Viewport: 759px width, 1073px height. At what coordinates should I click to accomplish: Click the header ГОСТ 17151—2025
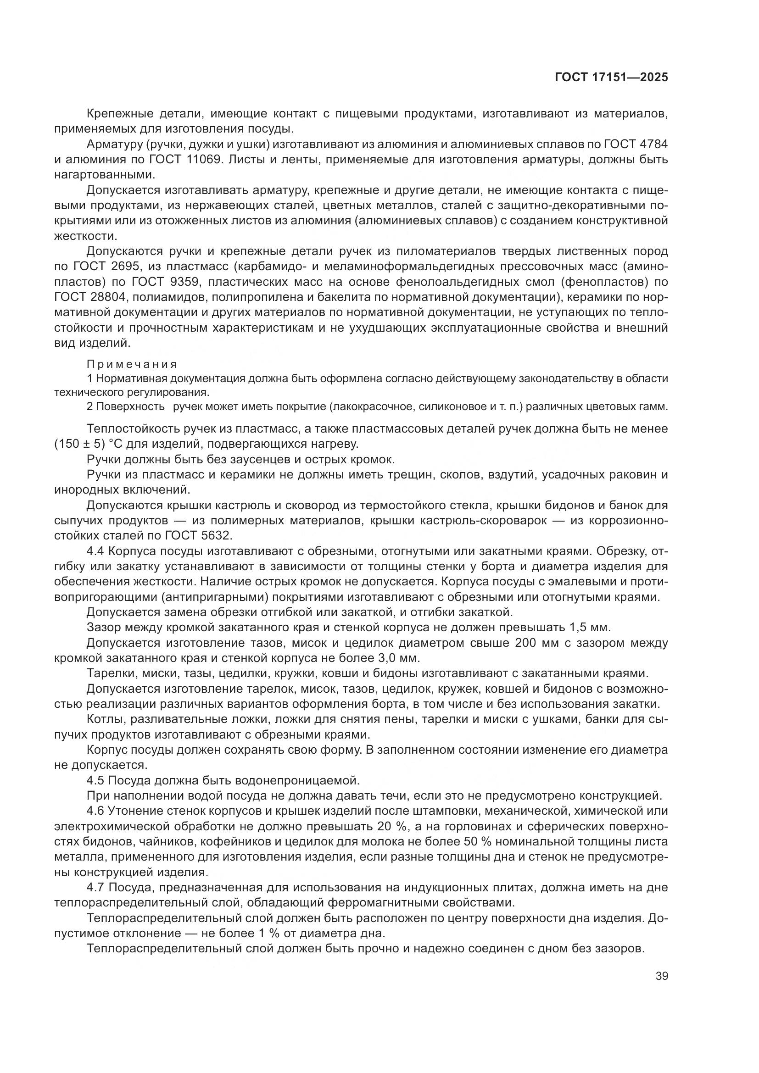point(611,77)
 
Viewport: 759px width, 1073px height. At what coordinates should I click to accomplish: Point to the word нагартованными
point(104,175)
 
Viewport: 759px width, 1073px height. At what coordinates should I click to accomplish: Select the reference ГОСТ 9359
point(166,282)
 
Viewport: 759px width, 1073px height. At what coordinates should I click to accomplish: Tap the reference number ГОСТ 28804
point(90,297)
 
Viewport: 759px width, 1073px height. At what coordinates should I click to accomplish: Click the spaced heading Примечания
point(132,364)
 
